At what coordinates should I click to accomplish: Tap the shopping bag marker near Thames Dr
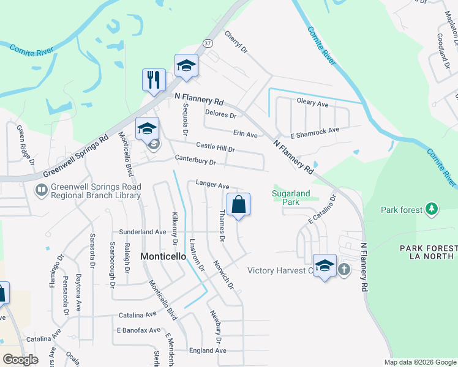(x=238, y=205)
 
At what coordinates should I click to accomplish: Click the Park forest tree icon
(x=432, y=210)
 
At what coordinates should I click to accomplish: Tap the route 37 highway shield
(x=208, y=43)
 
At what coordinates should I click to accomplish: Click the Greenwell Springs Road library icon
(x=42, y=191)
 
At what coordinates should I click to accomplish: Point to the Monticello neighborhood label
(x=163, y=257)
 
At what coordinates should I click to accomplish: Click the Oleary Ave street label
(x=312, y=105)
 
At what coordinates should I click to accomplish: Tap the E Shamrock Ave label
(x=315, y=130)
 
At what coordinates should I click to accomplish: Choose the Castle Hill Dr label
(x=216, y=147)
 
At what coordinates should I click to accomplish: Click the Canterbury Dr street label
(x=195, y=162)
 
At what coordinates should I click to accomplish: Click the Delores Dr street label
(x=220, y=114)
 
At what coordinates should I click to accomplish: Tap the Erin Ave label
(x=245, y=133)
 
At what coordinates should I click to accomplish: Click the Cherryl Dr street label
(x=236, y=42)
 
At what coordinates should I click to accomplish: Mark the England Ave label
(x=208, y=350)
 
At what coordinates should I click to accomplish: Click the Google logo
(x=21, y=360)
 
